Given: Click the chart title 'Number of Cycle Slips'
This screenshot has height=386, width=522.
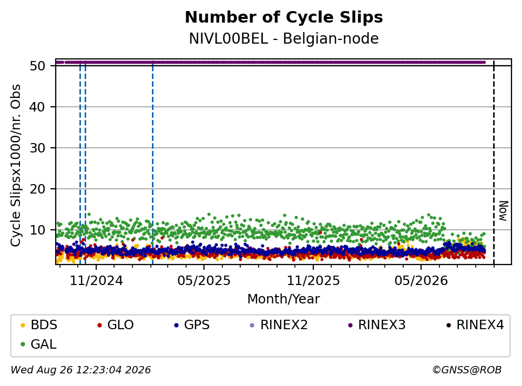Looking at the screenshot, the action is coord(284,17).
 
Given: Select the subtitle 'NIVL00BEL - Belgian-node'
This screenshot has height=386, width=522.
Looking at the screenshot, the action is coord(284,38).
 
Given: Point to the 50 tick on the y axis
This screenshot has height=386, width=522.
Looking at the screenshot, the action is coord(37,66).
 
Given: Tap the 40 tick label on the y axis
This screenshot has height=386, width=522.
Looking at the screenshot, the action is coord(37,107).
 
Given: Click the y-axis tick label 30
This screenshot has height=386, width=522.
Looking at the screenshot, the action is coord(37,148).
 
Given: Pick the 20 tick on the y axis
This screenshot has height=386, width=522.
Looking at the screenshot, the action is coord(37,189).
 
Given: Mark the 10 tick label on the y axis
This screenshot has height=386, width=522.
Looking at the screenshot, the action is coord(37,230).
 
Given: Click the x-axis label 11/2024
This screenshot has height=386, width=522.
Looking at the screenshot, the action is coord(96,281).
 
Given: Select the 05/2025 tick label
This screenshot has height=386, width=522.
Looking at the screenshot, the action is coord(204,281).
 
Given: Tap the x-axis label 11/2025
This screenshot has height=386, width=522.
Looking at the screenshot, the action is coord(313,281).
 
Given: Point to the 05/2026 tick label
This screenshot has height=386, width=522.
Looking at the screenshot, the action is coord(421,281).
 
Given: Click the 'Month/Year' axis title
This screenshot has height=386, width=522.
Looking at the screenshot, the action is coord(284,299).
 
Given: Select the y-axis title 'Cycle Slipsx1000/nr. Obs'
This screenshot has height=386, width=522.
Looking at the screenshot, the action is coord(15,165).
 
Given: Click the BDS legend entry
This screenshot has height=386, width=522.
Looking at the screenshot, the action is coord(39,324).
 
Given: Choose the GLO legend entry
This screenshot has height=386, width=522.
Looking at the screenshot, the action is coord(116,324).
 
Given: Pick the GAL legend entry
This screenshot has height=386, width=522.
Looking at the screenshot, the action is coord(38,344).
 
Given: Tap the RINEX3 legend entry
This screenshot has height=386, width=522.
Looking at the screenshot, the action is coord(377,324).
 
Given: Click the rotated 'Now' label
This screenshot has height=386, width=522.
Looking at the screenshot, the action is coord(504,211).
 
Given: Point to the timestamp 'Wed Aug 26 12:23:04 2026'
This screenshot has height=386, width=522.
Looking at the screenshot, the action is coord(81,370).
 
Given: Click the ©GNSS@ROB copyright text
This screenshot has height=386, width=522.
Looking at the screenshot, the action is coord(467,370).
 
